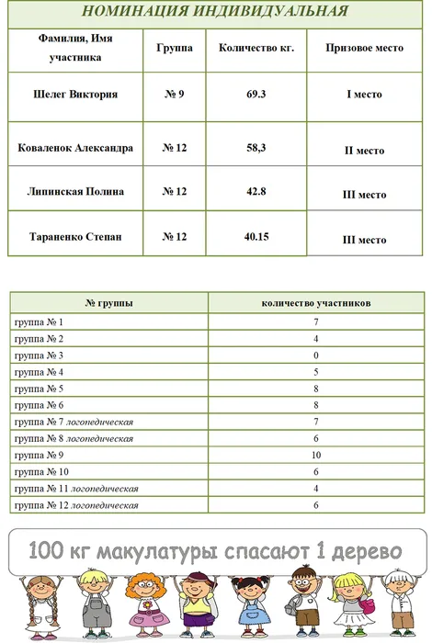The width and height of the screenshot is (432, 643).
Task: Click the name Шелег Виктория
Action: (x=75, y=94)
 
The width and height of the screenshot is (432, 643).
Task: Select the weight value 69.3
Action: (x=256, y=94)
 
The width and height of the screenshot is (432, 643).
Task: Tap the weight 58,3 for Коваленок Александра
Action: (x=256, y=147)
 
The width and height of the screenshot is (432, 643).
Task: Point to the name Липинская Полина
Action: (x=75, y=192)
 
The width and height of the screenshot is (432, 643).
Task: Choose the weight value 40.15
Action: (x=256, y=237)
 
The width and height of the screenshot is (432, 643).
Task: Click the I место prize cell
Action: (x=363, y=95)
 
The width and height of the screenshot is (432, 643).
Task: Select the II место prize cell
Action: (x=363, y=150)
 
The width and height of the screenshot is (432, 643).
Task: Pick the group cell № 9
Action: (x=175, y=94)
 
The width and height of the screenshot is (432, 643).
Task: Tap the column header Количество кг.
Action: (x=256, y=48)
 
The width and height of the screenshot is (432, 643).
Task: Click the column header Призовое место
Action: (x=364, y=48)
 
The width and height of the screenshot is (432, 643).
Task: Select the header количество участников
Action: (x=315, y=302)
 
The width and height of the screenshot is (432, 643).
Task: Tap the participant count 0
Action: (x=315, y=355)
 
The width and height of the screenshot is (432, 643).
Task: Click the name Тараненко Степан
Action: (x=75, y=237)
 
